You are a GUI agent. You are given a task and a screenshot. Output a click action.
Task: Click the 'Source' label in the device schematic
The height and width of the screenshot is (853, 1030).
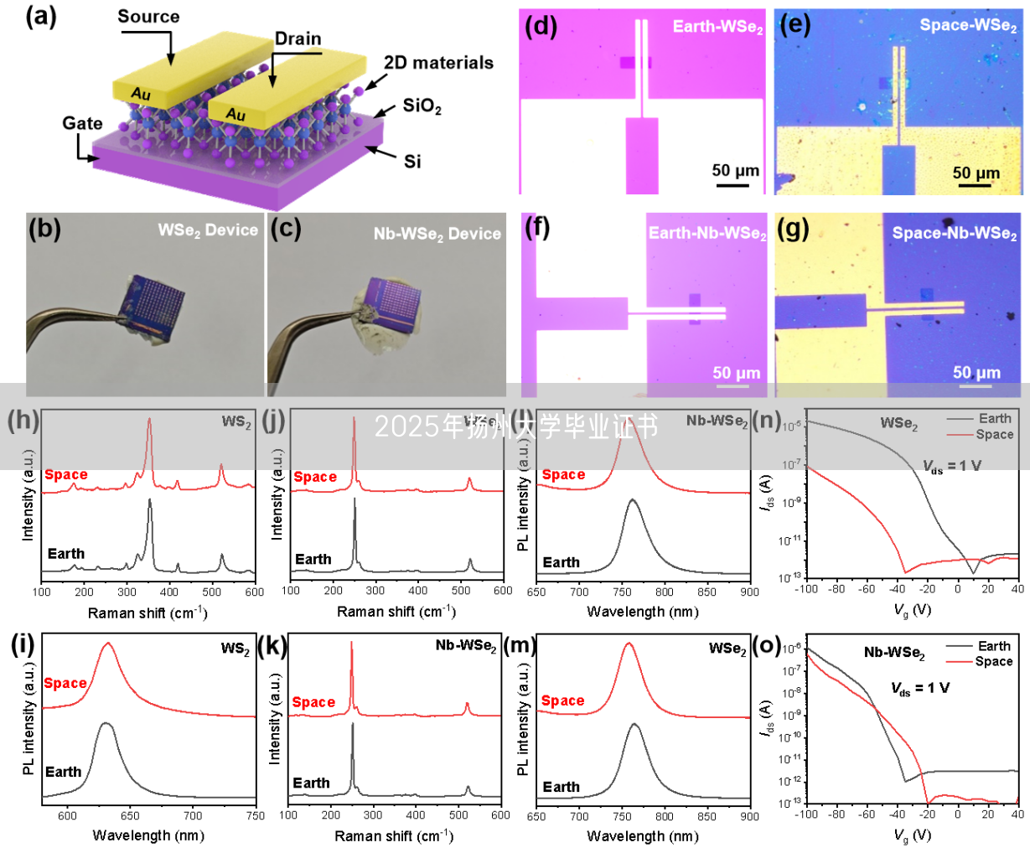click(148, 17)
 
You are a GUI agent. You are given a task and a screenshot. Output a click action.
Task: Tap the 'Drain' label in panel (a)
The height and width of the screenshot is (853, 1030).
click(298, 39)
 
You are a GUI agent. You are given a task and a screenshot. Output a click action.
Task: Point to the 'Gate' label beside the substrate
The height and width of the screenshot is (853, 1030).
click(82, 123)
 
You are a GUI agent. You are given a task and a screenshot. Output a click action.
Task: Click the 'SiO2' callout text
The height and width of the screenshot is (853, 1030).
click(422, 106)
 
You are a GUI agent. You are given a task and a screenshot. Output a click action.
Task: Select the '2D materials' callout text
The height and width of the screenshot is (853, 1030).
click(438, 63)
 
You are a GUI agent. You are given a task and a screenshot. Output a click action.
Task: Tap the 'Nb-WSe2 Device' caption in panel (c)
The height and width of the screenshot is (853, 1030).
click(437, 234)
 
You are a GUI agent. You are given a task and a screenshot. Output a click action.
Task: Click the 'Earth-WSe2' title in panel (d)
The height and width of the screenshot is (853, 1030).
click(717, 28)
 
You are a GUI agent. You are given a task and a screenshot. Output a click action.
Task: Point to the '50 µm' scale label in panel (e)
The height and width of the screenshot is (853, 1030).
click(976, 173)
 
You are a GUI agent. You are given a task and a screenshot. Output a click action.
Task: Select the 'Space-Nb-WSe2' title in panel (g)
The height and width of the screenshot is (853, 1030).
click(954, 234)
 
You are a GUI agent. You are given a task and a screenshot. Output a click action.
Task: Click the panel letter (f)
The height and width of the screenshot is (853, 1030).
click(536, 227)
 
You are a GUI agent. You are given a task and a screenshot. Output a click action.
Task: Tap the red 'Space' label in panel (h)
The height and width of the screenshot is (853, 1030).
click(66, 475)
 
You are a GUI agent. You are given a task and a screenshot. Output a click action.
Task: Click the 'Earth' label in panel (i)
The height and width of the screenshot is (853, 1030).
click(63, 772)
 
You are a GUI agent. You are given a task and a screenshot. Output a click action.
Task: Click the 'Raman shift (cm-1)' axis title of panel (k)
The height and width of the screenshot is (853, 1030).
click(394, 835)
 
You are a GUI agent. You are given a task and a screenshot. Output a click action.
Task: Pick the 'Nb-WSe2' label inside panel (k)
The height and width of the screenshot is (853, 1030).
click(465, 646)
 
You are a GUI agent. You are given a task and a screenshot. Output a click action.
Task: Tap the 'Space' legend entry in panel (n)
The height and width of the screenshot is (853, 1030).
click(994, 434)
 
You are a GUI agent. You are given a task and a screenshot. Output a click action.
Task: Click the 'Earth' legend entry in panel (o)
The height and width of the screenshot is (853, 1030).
click(993, 646)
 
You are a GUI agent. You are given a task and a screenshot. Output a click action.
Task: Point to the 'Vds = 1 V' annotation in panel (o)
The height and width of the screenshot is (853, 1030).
click(919, 688)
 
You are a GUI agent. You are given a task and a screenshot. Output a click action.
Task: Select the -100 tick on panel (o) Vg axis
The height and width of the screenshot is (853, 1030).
click(806, 814)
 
